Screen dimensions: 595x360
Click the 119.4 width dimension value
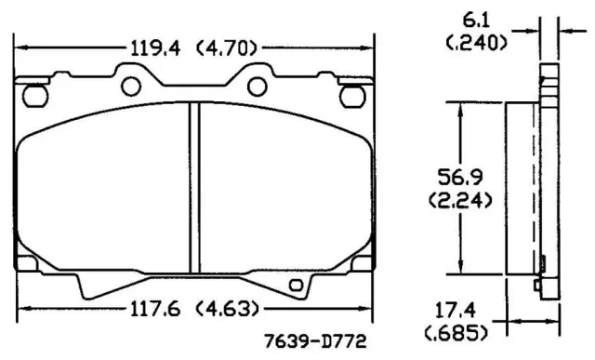pyautogui.click(x=155, y=48)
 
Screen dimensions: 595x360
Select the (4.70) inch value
pyautogui.click(x=227, y=48)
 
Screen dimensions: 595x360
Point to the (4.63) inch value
pyautogui.click(x=228, y=309)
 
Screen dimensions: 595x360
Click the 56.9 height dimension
pyautogui.click(x=460, y=177)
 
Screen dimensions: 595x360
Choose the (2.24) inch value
pyautogui.click(x=461, y=200)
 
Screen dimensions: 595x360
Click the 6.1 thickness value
pyautogui.click(x=476, y=20)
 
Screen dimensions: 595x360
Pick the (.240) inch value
pyautogui.click(x=476, y=43)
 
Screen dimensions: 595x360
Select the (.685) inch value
pyautogui.click(x=456, y=333)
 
